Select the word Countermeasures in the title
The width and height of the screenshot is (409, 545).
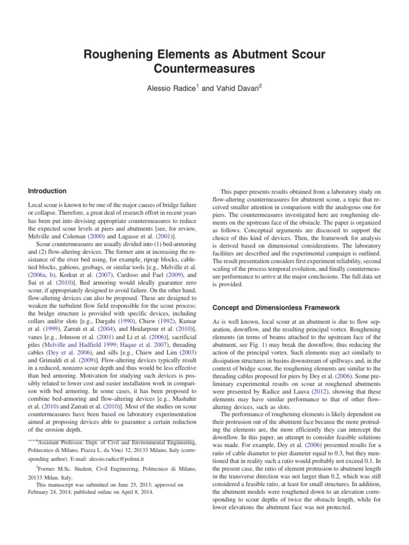pos(204,69)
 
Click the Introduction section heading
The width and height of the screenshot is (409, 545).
pos(47,191)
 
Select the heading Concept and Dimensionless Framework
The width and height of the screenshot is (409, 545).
pos(273,307)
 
